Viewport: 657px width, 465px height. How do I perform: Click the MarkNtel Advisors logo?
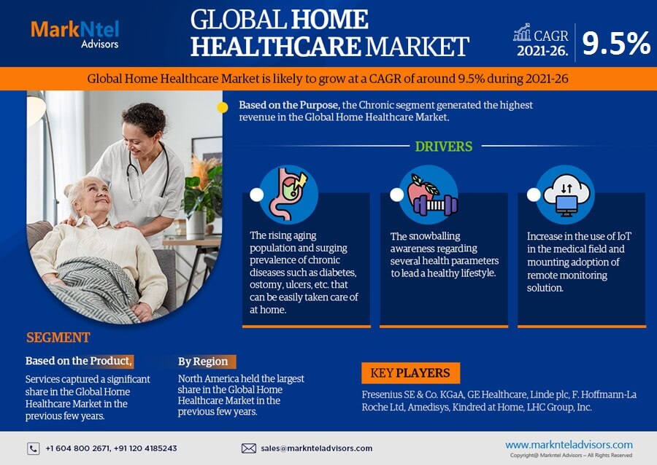(x=74, y=34)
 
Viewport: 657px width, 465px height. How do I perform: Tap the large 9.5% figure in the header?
(x=616, y=43)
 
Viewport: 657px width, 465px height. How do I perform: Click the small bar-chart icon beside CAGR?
(x=522, y=32)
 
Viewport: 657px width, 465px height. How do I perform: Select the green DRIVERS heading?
(x=444, y=146)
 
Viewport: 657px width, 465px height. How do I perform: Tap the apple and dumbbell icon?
(x=429, y=195)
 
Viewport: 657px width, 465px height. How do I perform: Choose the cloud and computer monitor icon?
(x=566, y=195)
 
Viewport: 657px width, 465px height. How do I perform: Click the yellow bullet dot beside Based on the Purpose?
(x=223, y=107)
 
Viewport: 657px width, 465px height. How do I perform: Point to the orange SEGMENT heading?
(x=58, y=337)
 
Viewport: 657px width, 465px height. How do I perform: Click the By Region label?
(x=203, y=362)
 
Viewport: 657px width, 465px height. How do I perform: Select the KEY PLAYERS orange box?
(x=410, y=373)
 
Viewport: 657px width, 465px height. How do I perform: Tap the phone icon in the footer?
(x=34, y=449)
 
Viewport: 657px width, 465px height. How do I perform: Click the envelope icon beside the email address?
(x=249, y=448)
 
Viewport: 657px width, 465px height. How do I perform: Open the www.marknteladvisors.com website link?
(x=569, y=445)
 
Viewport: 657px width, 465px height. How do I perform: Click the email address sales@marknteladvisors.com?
(x=316, y=448)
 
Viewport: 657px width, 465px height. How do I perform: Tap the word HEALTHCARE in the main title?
(x=275, y=47)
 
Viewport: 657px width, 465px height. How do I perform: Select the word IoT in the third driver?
(x=624, y=236)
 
